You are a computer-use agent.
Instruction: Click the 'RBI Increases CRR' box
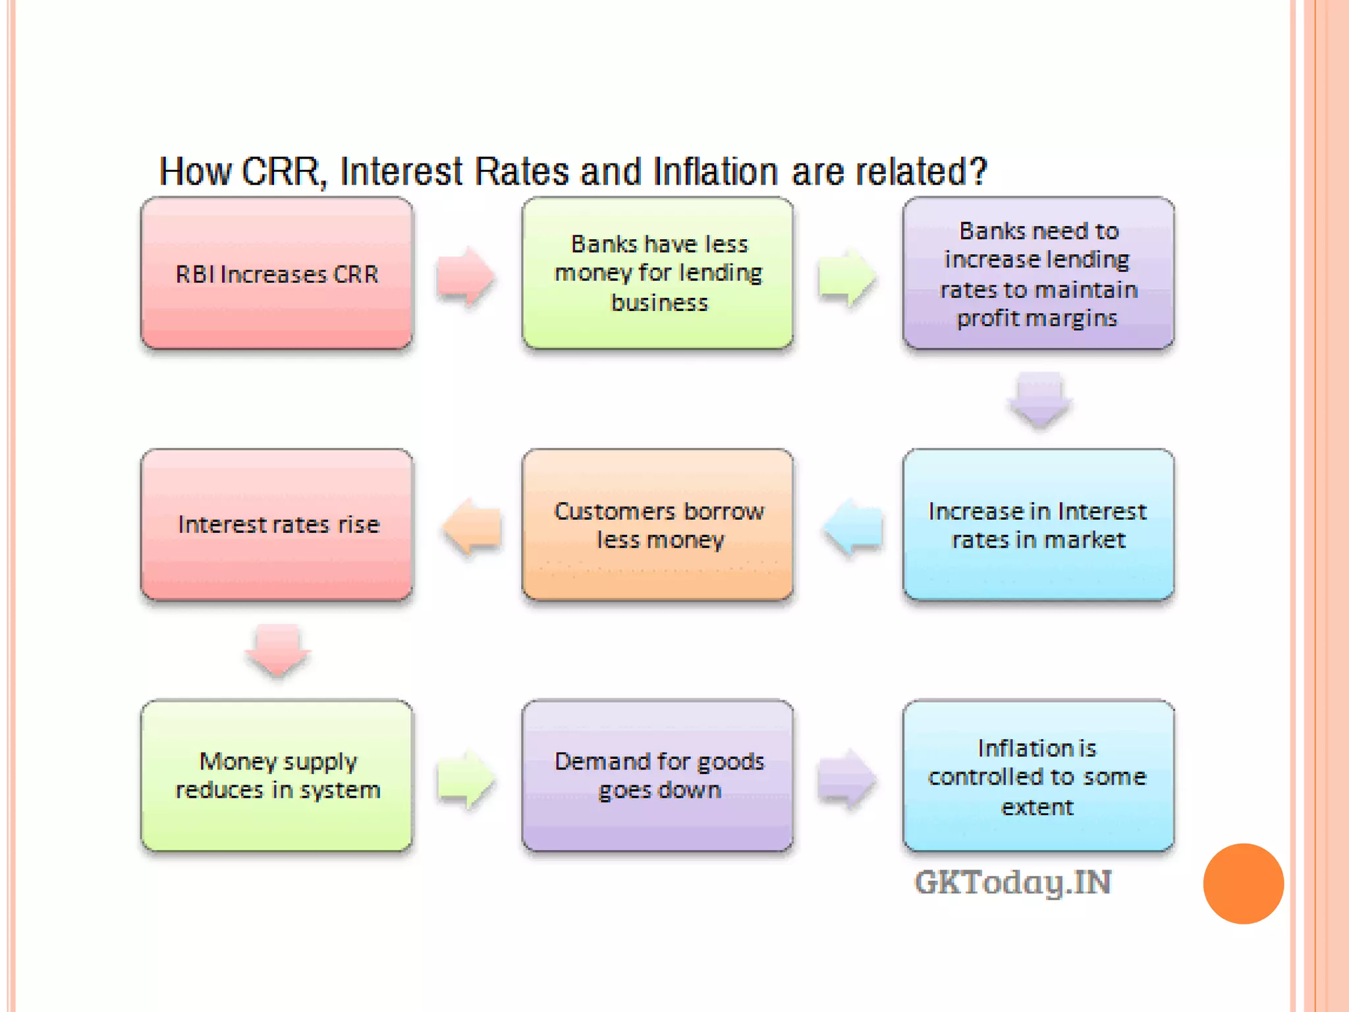[277, 273]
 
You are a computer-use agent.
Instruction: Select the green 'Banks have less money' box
[657, 273]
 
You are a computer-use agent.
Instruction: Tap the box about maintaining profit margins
[1038, 273]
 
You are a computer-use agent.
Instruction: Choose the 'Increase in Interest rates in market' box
[1038, 524]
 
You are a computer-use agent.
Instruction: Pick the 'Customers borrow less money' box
[657, 524]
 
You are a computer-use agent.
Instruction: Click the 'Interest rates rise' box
[277, 524]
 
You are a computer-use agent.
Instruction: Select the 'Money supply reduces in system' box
[277, 775]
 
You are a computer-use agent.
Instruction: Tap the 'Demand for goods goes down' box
[657, 775]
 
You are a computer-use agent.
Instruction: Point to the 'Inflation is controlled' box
[1038, 775]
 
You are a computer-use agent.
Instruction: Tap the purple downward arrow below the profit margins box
[1039, 399]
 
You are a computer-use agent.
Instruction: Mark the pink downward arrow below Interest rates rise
[277, 650]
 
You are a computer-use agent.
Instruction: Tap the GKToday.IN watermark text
[1013, 882]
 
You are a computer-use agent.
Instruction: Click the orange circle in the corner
[1243, 884]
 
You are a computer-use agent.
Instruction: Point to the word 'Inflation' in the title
[715, 172]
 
